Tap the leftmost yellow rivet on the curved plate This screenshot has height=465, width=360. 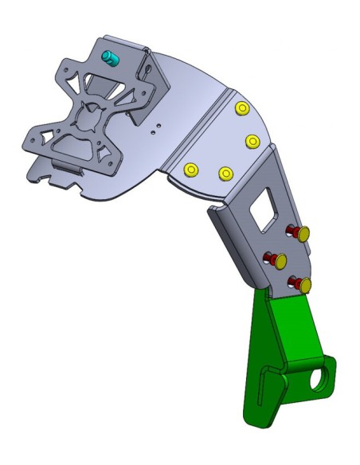point(190,170)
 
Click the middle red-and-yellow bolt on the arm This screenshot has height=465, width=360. point(279,260)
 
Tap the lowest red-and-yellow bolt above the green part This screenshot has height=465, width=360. point(301,283)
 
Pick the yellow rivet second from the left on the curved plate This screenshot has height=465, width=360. point(225,173)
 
